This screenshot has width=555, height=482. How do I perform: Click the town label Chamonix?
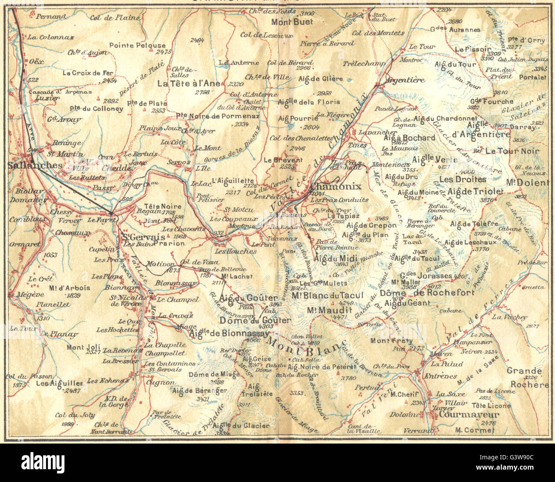pos(336,187)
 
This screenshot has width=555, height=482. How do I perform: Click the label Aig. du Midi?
pos(331,258)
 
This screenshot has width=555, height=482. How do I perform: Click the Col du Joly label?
pos(69,414)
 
